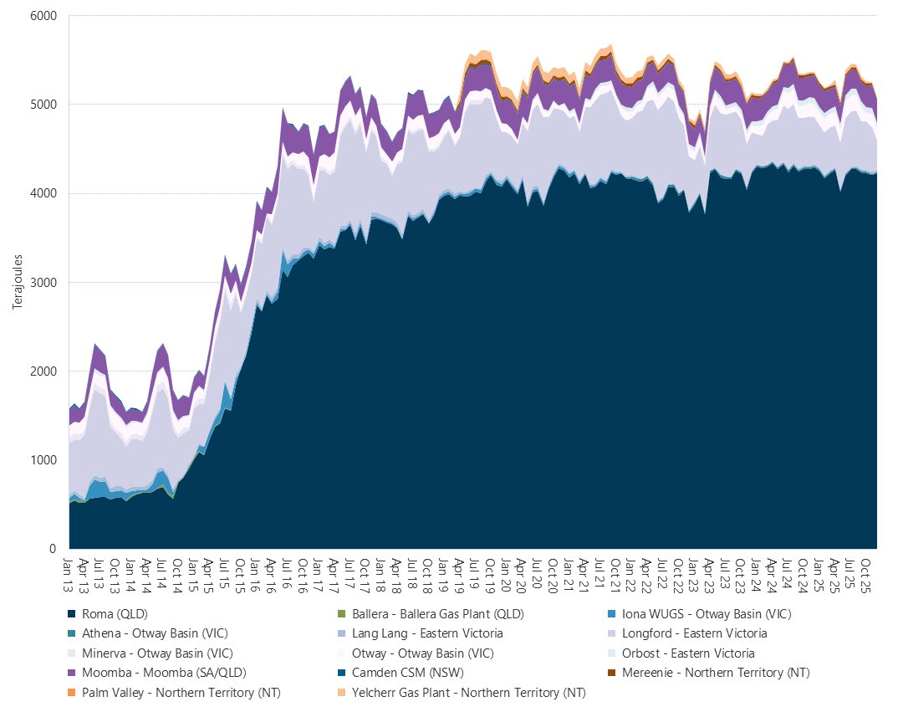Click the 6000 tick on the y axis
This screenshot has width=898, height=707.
pos(43,16)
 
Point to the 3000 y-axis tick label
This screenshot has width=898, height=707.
pos(43,282)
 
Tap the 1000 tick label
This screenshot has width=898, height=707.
pos(43,460)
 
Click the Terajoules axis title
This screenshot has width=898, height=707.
pos(17,282)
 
